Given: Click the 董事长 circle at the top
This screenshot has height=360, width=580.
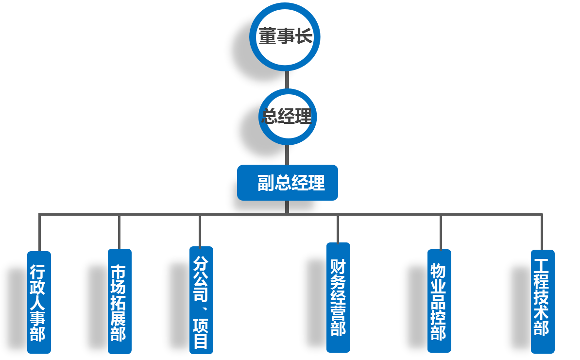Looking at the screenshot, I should (285, 37).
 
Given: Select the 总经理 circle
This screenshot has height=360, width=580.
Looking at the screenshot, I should (287, 117).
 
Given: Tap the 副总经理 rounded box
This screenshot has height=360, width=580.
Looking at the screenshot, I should (287, 183).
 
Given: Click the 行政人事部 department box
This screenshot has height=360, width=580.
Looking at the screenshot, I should (39, 302).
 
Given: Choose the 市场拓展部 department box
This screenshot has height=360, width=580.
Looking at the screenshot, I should (119, 301).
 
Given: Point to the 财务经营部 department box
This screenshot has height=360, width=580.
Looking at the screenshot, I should (338, 297).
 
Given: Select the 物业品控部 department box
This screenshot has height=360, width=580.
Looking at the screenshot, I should (439, 300).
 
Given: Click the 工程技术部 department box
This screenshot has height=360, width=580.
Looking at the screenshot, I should (543, 301).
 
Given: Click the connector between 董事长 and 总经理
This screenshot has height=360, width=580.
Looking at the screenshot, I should (287, 80).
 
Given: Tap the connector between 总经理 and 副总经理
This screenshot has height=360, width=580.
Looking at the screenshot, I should (287, 155).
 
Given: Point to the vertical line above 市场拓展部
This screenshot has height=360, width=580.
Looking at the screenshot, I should (119, 232).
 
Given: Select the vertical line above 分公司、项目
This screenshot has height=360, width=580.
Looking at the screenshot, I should (200, 231).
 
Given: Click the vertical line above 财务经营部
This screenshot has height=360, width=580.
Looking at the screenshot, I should (338, 229).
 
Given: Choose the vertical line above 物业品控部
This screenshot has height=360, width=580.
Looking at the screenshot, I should (441, 232).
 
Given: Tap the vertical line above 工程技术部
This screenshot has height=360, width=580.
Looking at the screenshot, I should (542, 232).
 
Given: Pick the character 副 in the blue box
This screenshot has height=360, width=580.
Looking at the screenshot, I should (266, 183).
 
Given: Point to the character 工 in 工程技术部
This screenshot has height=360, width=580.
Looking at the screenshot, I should (542, 266).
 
